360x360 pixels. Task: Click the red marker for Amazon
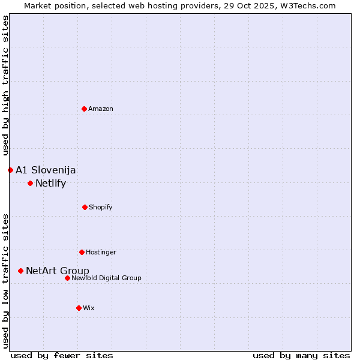tap(84, 109)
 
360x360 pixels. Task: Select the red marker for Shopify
tap(85, 207)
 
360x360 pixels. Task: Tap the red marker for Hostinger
tap(82, 252)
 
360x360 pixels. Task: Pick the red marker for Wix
tap(79, 308)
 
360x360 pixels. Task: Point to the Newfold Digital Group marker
tap(67, 278)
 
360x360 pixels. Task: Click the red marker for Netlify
tap(30, 183)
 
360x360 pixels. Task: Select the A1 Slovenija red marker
tap(10, 170)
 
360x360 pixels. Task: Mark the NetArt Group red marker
tap(20, 271)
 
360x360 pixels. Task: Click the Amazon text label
tap(101, 109)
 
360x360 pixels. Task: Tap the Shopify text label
tap(101, 207)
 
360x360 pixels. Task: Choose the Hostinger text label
tap(101, 252)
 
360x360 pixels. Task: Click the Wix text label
tap(89, 308)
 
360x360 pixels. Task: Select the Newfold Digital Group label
tap(106, 278)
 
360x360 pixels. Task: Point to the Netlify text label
tap(50, 183)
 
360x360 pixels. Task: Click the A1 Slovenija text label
tap(46, 170)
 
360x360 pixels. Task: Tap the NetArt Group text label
tap(58, 271)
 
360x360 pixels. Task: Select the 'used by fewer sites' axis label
tap(62, 355)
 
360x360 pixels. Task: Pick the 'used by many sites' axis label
tap(301, 355)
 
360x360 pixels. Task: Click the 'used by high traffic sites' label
tap(5, 85)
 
